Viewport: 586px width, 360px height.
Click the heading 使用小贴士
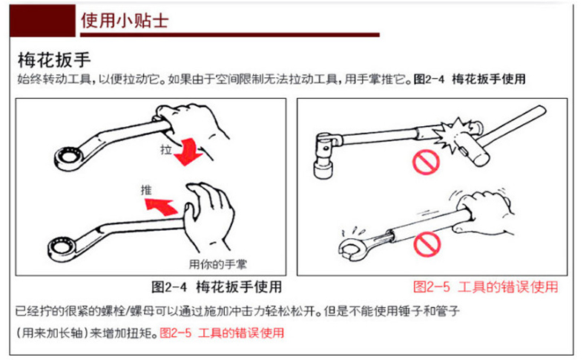pos(125,20)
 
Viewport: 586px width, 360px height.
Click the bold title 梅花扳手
pos(54,60)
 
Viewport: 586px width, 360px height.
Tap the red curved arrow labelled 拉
pos(188,151)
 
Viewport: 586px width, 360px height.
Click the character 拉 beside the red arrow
pos(166,150)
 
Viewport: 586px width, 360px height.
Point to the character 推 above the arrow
pos(146,190)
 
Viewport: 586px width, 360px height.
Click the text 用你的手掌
pos(217,265)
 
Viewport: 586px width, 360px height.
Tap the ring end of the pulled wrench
pos(68,158)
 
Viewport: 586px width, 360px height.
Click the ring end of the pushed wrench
pos(62,249)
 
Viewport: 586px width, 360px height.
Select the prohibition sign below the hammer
pos(426,162)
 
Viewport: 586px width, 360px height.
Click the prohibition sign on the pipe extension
pos(427,244)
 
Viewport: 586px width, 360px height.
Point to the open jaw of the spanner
pos(352,248)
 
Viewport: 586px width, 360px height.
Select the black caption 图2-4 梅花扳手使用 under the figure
pos(217,287)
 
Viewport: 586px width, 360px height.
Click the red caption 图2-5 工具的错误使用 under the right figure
pos(485,287)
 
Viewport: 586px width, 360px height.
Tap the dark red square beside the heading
pos(42,21)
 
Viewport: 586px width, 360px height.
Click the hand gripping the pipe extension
pos(484,212)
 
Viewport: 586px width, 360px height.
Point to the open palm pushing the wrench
pos(208,217)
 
